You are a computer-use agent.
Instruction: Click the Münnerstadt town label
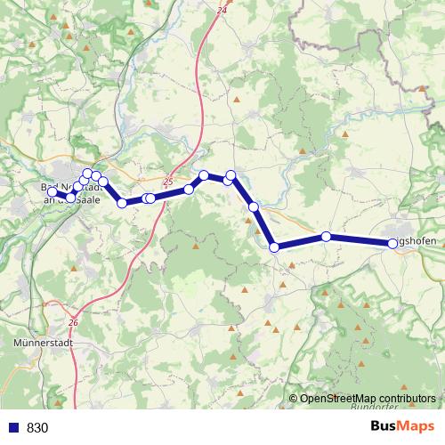click(44, 342)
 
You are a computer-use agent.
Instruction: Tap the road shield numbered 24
click(222, 10)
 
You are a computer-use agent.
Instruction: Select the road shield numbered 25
click(168, 180)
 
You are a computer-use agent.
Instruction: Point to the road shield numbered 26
click(73, 322)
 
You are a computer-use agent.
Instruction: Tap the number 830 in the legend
click(37, 427)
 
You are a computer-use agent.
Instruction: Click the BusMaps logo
click(402, 426)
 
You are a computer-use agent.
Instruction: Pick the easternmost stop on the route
click(392, 243)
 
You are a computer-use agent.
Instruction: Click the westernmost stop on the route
click(52, 191)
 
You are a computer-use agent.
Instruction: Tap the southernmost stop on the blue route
click(274, 247)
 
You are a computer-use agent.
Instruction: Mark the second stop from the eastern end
click(327, 236)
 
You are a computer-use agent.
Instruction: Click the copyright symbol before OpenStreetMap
click(294, 399)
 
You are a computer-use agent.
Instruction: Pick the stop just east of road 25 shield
click(189, 190)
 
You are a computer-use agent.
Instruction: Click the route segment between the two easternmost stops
click(360, 239)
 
